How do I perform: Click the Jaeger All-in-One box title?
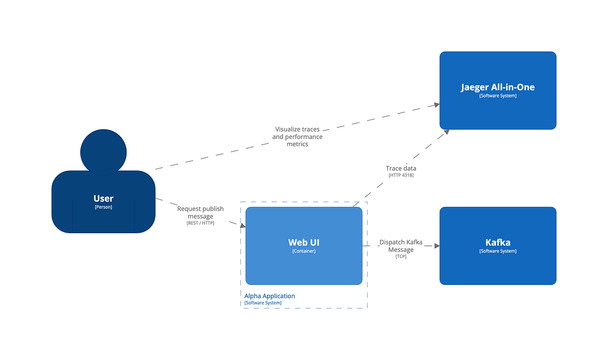tap(498, 87)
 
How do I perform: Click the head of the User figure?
tap(103, 152)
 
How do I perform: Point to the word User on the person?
tap(103, 198)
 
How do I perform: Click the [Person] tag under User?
tap(103, 207)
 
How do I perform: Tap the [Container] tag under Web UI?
tap(303, 251)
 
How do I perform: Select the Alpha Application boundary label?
tap(270, 296)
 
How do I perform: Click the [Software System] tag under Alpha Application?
tap(262, 303)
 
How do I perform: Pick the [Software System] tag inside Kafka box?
tap(498, 251)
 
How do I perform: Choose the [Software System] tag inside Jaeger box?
tap(498, 96)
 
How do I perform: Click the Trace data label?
tap(401, 168)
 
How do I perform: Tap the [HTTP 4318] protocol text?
tap(401, 175)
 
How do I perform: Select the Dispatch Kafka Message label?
tap(401, 246)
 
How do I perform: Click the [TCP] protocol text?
tap(401, 257)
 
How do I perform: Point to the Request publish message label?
tap(200, 212)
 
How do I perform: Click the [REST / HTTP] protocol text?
tap(200, 223)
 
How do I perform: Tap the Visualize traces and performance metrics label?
tap(297, 137)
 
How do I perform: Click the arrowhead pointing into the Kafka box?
tap(436, 246)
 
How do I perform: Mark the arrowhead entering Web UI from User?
tap(242, 226)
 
